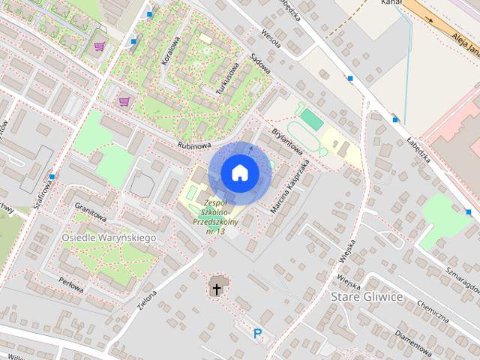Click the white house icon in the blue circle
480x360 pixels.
click(240, 172)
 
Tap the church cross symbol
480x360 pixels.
click(217, 288)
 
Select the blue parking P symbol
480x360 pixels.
click(258, 334)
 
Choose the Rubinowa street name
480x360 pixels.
click(193, 145)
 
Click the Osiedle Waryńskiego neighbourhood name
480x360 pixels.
click(109, 237)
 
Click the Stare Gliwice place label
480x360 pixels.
click(367, 297)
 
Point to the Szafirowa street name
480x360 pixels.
click(41, 197)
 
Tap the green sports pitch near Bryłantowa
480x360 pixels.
click(311, 119)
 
